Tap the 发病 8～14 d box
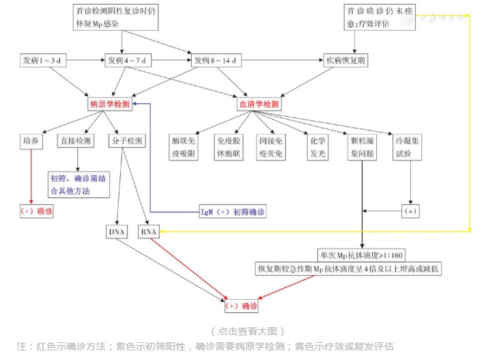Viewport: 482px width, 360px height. pyautogui.click(x=216, y=60)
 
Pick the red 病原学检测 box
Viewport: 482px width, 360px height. pyautogui.click(x=109, y=104)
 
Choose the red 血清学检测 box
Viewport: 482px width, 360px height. pyautogui.click(x=259, y=104)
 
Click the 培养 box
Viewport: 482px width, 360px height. pyautogui.click(x=31, y=141)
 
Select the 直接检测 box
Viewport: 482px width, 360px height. pyautogui.click(x=76, y=141)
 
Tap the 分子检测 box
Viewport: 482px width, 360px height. pyautogui.click(x=126, y=141)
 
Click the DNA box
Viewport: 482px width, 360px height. pyautogui.click(x=117, y=232)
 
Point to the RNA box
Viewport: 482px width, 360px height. pyautogui.click(x=149, y=232)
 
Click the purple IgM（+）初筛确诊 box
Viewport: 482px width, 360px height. pyautogui.click(x=232, y=211)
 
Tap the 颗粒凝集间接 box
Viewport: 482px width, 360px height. pyautogui.click(x=363, y=147)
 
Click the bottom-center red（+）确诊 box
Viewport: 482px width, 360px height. pyautogui.click(x=242, y=305)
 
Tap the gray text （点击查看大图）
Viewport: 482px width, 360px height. pyautogui.click(x=246, y=331)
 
